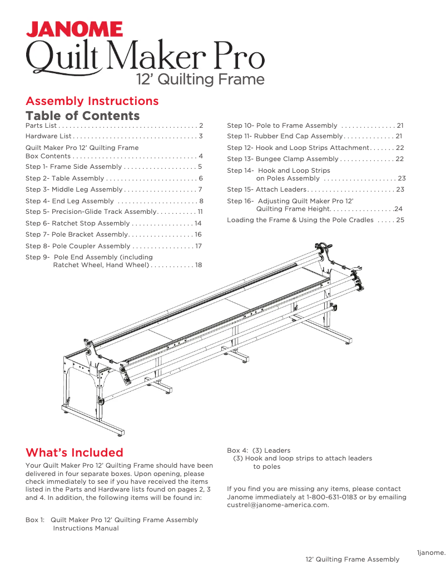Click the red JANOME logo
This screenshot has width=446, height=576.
(75, 29)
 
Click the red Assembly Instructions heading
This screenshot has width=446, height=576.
(92, 101)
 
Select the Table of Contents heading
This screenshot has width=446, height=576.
(82, 116)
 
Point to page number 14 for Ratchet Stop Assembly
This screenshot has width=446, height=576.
(198, 223)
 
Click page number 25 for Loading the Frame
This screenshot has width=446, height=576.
(400, 220)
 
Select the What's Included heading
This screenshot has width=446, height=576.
(74, 452)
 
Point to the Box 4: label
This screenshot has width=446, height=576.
(237, 450)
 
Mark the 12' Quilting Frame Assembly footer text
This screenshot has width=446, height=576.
(352, 559)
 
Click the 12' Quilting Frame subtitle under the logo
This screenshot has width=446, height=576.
(200, 79)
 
